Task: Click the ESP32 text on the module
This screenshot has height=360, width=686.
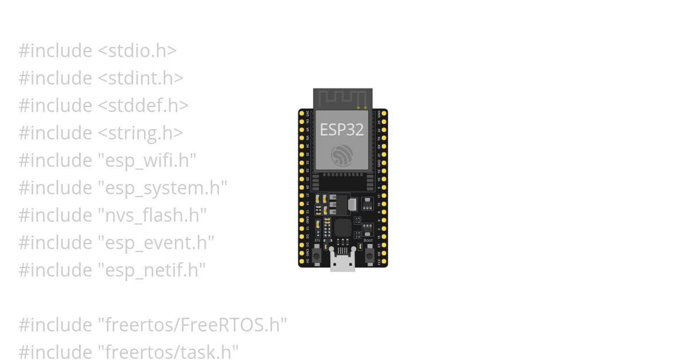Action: tap(341, 130)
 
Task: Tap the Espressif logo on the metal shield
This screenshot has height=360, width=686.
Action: tap(342, 155)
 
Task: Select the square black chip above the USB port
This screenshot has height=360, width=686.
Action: tap(342, 228)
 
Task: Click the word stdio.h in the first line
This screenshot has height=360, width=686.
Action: tap(137, 51)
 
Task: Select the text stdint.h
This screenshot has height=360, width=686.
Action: tap(141, 78)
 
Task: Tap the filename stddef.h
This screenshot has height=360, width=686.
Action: tap(143, 106)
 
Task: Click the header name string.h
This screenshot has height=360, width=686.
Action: tap(141, 133)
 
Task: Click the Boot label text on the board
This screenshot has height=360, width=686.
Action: tap(368, 241)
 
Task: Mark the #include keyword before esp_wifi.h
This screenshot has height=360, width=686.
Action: tap(55, 161)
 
